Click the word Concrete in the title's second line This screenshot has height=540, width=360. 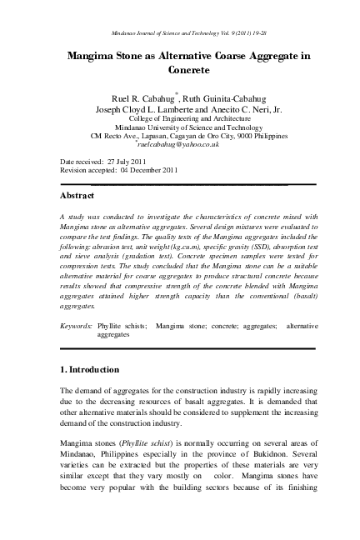(181, 71)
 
